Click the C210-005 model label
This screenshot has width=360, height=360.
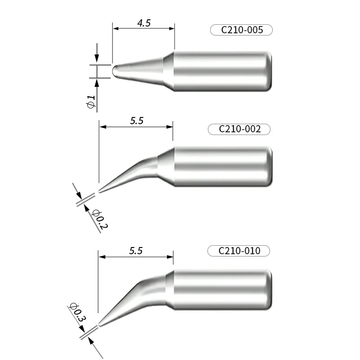click(242, 30)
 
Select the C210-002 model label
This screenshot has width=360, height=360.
click(240, 129)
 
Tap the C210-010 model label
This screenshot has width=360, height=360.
click(239, 251)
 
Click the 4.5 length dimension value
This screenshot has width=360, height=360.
click(144, 23)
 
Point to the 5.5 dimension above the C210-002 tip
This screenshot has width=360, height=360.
click(137, 121)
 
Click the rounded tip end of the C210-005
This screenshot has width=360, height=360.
click(114, 72)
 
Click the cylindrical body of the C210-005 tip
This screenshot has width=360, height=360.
click(223, 71)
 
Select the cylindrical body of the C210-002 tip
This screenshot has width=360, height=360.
click(223, 167)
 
